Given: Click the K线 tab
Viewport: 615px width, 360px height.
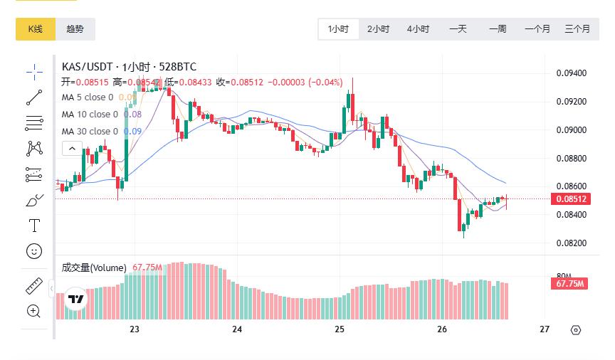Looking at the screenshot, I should [x=36, y=29].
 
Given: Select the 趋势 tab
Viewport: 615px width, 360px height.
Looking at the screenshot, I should [x=75, y=29].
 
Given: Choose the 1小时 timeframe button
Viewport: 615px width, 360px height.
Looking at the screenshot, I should [x=338, y=29].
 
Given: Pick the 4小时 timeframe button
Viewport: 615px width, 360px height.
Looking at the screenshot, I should [x=418, y=29].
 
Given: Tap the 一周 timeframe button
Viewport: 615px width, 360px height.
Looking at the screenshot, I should [x=498, y=29].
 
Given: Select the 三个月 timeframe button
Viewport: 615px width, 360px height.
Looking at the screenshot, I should [x=577, y=29].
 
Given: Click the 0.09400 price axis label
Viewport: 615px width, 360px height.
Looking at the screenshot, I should [x=571, y=73].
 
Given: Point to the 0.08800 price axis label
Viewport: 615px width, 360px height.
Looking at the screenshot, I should [x=571, y=158].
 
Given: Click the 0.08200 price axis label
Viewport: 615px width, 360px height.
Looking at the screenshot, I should [x=571, y=243].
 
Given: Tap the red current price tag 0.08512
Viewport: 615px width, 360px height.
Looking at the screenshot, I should [x=572, y=199].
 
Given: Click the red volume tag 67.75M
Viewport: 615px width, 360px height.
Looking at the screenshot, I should [x=569, y=284].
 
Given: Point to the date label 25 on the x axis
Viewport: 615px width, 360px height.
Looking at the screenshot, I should [x=340, y=329].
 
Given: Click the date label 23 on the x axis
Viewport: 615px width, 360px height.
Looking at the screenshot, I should [x=135, y=329].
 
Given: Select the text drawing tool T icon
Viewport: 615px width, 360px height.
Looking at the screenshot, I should [x=34, y=226].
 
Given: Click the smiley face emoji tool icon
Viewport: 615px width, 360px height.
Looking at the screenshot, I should [x=34, y=250].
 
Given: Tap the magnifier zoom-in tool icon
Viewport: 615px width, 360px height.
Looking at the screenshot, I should [x=34, y=310].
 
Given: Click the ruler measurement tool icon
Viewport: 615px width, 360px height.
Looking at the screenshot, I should [x=34, y=286].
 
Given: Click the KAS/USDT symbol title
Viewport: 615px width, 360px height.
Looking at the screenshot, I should [x=88, y=67].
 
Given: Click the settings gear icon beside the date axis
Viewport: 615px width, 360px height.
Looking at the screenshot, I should [x=576, y=329].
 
